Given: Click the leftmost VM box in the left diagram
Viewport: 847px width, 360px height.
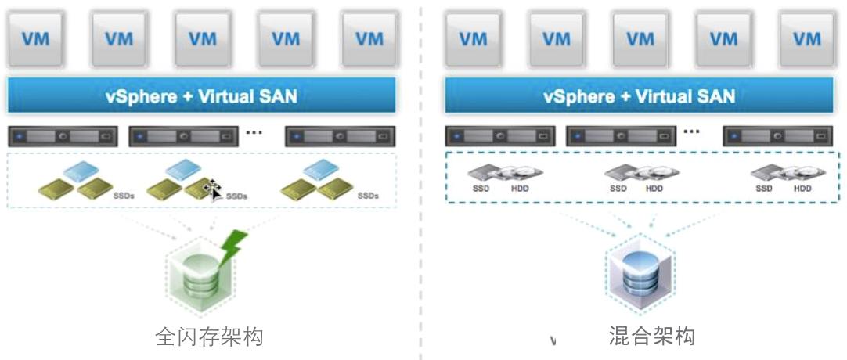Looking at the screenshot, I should click(x=36, y=38).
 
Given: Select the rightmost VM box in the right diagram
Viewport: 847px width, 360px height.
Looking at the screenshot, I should click(x=806, y=38).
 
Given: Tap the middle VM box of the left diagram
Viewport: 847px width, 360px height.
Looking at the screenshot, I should click(x=202, y=38).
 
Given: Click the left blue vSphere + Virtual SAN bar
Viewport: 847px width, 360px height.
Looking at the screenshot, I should click(x=201, y=96).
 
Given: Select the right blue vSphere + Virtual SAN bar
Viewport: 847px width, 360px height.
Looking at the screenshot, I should click(x=639, y=96).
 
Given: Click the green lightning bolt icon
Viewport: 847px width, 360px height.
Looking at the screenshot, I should click(x=234, y=243).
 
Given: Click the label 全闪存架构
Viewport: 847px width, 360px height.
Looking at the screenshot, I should click(x=209, y=337).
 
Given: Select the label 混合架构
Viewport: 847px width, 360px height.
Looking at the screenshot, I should click(x=651, y=337).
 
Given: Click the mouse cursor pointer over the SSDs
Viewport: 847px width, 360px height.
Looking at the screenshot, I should click(x=212, y=189).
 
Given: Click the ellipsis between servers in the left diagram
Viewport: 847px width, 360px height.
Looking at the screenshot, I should click(x=254, y=131).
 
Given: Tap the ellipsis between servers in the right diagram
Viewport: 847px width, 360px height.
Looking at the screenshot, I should click(x=691, y=131).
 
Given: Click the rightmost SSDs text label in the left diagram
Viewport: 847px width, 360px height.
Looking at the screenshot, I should click(x=367, y=196).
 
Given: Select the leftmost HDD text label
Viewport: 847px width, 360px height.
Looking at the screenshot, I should click(x=520, y=188).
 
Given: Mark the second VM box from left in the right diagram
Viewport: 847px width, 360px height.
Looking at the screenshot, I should click(x=557, y=38).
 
